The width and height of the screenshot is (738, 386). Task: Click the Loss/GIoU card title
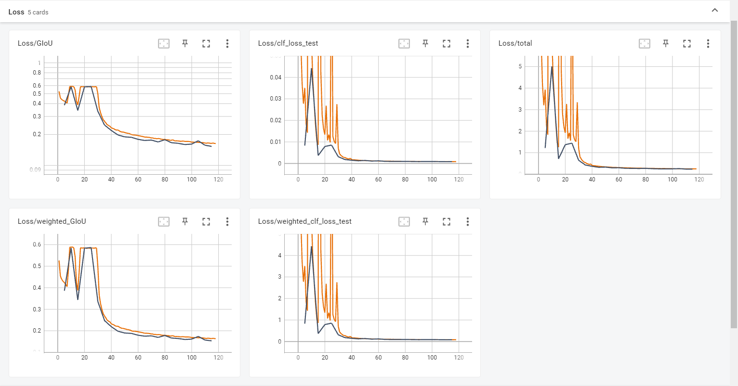click(x=35, y=43)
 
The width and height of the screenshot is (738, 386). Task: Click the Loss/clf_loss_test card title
click(x=288, y=43)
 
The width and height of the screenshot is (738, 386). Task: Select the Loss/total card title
click(x=515, y=43)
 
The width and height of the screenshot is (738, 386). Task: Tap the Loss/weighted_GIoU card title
click(x=52, y=221)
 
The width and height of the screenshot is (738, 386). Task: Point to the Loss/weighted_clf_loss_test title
click(x=304, y=221)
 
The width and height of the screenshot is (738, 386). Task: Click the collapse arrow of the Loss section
click(x=715, y=11)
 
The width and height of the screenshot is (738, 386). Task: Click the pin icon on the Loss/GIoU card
click(x=185, y=44)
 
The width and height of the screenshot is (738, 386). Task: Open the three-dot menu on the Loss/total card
click(x=708, y=44)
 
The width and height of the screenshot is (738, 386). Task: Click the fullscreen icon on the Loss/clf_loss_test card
click(x=447, y=44)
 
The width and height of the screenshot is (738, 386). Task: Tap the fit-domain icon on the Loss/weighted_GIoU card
click(x=164, y=222)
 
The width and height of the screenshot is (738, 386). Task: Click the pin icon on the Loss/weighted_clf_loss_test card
click(x=425, y=222)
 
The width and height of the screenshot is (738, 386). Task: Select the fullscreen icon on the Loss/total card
click(x=687, y=44)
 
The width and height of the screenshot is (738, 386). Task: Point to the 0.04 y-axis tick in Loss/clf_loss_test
click(x=276, y=77)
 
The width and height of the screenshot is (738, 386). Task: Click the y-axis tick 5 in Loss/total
click(x=520, y=66)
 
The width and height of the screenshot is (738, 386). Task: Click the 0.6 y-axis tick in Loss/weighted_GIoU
click(x=37, y=244)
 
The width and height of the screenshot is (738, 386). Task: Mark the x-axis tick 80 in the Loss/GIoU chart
click(x=165, y=180)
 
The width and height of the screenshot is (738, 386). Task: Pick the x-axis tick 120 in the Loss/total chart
click(x=699, y=180)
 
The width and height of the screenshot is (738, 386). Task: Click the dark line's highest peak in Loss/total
click(x=552, y=67)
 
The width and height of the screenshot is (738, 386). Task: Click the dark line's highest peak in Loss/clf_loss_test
click(x=312, y=69)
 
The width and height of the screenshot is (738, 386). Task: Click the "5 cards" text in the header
click(x=38, y=13)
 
